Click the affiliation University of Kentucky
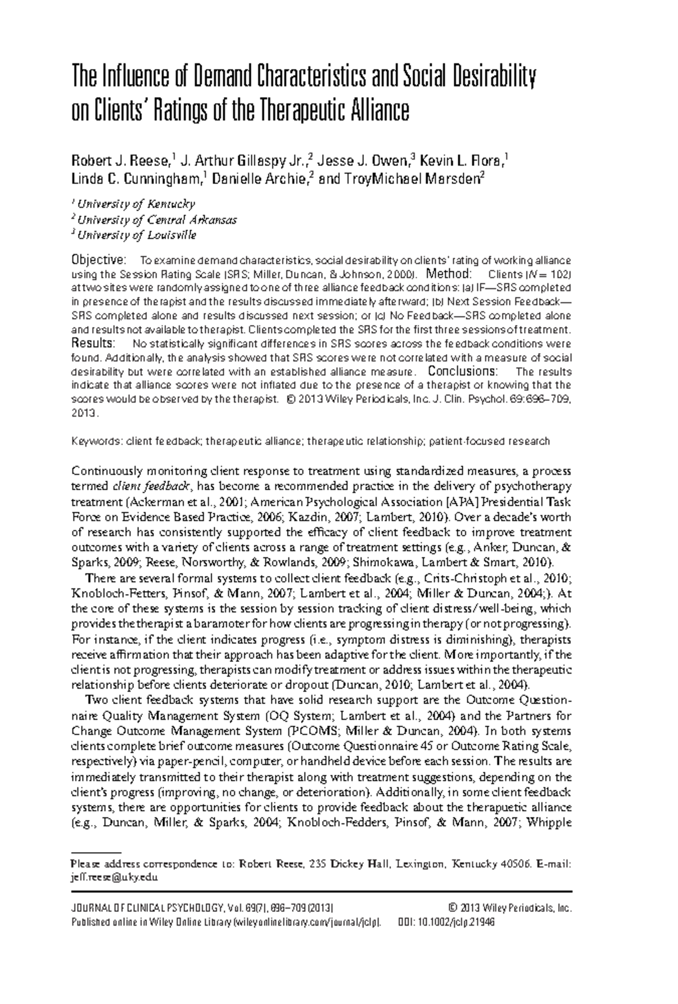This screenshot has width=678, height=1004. tap(136, 204)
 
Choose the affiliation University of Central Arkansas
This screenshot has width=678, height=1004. tap(157, 220)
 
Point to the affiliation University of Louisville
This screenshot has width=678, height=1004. tap(137, 235)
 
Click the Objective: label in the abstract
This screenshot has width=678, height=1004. tap(97, 260)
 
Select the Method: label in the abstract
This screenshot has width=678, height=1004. tap(449, 274)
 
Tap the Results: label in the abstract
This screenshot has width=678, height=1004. tap(93, 344)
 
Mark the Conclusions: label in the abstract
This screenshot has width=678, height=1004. tap(463, 372)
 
